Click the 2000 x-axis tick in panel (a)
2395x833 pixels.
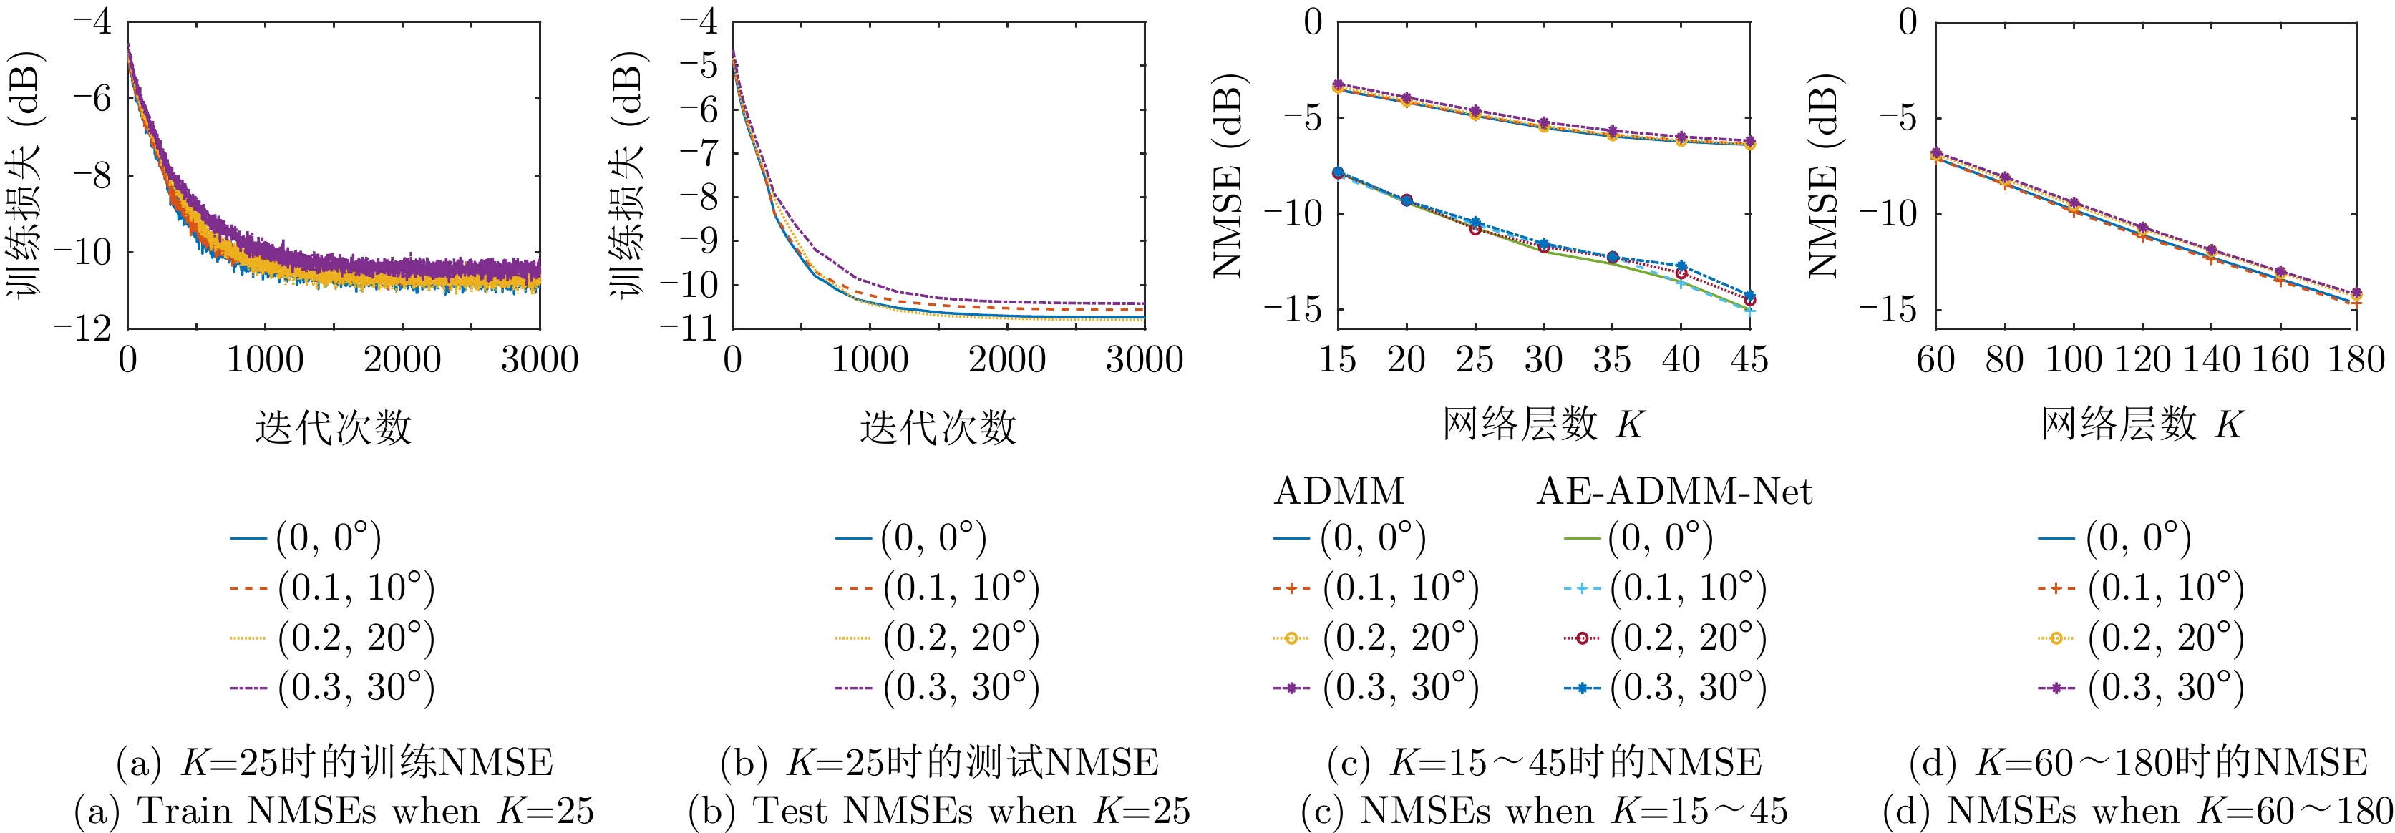coord(402,361)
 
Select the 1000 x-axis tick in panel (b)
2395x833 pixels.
coord(869,361)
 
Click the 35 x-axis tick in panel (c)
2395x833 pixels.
coord(1612,361)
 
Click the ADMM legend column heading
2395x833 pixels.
coord(1339,491)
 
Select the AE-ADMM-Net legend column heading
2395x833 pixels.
coord(1673,491)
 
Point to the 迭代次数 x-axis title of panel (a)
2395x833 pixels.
coord(333,428)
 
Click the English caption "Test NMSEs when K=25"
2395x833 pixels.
coord(939,811)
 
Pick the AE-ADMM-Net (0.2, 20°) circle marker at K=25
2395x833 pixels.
coord(1475,229)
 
